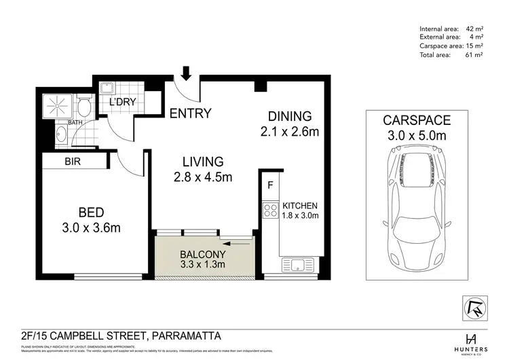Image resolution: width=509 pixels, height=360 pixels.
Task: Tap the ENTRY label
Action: click(x=190, y=113)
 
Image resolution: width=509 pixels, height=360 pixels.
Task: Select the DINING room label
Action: click(x=289, y=115)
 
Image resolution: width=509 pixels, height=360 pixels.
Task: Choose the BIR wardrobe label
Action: click(x=74, y=162)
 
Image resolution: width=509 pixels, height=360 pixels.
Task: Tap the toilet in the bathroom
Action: click(x=83, y=105)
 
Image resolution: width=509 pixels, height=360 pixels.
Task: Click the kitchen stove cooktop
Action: click(x=270, y=209)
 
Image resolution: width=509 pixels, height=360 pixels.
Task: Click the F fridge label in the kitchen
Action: click(x=270, y=185)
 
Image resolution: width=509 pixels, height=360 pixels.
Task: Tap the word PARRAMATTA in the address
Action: click(x=185, y=336)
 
